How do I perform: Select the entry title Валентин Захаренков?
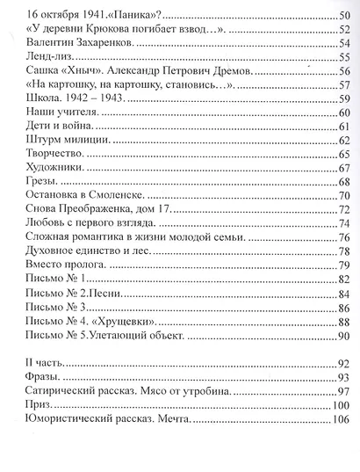78,42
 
